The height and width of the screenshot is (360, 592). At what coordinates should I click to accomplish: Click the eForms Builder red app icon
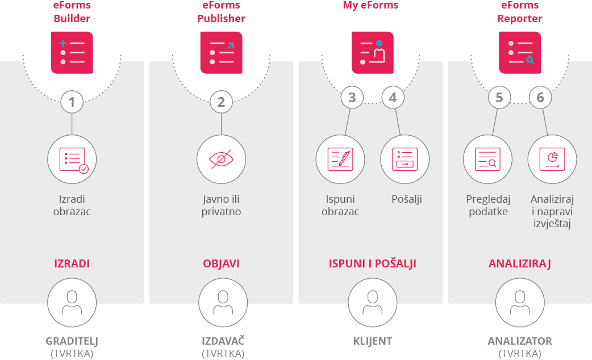tap(72, 52)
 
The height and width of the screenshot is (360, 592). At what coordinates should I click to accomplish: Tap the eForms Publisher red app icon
tap(222, 52)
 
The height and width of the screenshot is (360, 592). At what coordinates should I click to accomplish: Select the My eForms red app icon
tap(373, 52)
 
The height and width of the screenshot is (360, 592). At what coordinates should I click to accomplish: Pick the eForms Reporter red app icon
tap(520, 52)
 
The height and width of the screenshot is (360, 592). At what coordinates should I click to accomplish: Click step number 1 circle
tap(72, 102)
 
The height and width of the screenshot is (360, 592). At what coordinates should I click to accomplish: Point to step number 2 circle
tap(221, 102)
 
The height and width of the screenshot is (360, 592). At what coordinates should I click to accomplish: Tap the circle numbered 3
tap(352, 98)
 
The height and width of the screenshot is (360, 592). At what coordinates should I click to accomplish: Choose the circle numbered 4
tap(393, 98)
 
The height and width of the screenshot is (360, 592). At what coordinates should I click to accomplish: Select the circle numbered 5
tap(499, 98)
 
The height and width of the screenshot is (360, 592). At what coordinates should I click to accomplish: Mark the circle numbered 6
tap(540, 98)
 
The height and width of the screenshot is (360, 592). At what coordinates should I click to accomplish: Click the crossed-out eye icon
tap(221, 160)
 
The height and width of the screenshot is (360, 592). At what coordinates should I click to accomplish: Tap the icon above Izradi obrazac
tap(72, 160)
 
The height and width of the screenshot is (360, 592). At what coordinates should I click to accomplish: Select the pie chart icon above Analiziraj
tap(552, 159)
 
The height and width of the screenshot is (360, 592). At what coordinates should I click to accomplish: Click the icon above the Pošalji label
tap(405, 159)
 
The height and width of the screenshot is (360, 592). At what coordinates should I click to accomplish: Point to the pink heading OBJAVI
tap(221, 264)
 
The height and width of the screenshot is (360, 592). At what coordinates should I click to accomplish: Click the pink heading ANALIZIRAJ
tap(519, 264)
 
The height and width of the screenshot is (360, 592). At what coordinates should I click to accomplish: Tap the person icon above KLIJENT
tap(372, 302)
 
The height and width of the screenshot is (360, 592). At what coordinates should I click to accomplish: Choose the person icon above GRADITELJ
tap(72, 302)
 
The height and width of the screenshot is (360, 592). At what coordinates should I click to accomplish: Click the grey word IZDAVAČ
tap(223, 341)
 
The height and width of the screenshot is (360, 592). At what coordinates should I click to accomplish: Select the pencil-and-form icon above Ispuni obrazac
tap(340, 159)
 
